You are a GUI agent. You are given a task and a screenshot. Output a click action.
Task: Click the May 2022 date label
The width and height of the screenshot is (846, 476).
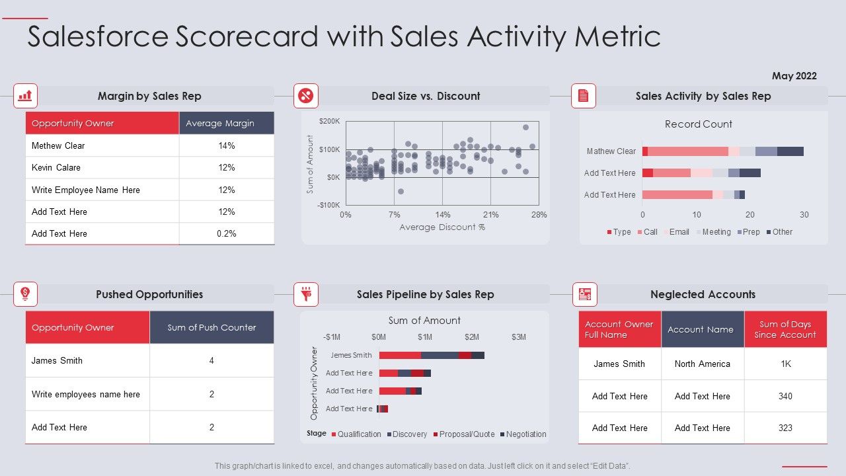point(794,76)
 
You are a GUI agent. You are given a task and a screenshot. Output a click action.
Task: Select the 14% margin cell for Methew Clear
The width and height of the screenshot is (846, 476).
point(227,145)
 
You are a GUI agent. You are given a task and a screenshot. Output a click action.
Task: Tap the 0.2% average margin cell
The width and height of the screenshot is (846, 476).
point(227,233)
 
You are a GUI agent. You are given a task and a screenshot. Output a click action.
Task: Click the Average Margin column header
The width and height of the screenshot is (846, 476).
point(227,123)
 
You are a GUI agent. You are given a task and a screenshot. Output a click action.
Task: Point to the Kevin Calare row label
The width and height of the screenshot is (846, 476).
point(56,167)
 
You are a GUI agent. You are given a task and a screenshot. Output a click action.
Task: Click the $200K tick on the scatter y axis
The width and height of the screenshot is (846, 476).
point(329,122)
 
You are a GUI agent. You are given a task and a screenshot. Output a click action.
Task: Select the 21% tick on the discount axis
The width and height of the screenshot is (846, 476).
point(490,215)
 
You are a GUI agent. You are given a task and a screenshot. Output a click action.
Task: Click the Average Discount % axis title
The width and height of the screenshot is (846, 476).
point(442,227)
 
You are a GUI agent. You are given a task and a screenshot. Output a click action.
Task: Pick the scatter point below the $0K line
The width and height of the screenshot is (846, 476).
point(401,192)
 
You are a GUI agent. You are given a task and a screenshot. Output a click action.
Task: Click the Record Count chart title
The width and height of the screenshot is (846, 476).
point(698,124)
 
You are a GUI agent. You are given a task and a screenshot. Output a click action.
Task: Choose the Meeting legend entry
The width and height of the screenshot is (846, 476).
point(713,232)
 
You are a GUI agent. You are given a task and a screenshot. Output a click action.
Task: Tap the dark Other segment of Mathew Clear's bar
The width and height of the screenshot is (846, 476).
point(790,151)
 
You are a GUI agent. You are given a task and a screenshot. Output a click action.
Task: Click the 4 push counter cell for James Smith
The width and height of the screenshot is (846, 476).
point(211,360)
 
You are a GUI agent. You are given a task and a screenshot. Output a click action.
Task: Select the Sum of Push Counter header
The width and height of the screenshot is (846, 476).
point(211,328)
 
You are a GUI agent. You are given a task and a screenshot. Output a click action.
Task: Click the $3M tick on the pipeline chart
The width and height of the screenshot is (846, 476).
point(518,337)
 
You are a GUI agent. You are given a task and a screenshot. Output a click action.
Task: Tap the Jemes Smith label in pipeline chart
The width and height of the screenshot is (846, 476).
point(351,355)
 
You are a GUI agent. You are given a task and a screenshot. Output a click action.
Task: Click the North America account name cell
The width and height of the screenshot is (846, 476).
point(702,364)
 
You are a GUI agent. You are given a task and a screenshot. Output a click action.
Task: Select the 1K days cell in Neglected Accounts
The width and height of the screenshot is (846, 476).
point(785,364)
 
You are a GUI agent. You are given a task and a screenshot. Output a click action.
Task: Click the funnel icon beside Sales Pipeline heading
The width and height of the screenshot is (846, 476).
point(306,294)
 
